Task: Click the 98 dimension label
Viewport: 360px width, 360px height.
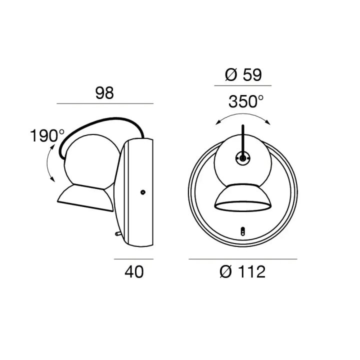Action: [x=104, y=93]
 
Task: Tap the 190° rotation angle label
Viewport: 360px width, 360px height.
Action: [x=47, y=135]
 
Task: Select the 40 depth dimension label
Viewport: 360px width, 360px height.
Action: [x=134, y=272]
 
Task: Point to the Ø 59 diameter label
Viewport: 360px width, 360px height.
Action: [x=243, y=75]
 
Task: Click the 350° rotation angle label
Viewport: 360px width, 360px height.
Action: [x=246, y=101]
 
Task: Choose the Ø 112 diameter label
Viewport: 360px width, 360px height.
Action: [x=242, y=272]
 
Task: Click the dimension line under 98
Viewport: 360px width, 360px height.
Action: [x=105, y=104]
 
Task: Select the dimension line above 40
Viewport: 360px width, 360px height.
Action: [x=133, y=259]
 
